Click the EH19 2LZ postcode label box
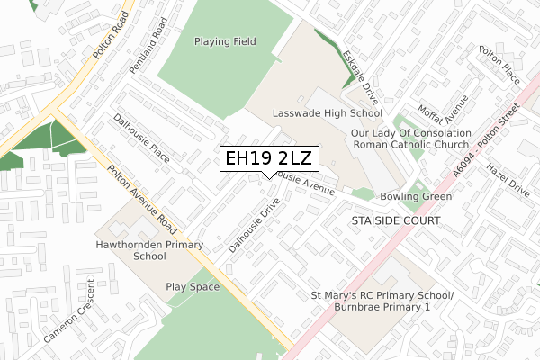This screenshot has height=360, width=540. point(268,158)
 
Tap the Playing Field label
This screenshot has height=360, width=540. point(225,41)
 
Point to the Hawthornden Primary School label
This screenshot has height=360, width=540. point(131,250)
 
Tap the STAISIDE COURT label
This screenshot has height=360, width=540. point(395,220)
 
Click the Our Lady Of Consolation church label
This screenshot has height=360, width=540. point(410,138)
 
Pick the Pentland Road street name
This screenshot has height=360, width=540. point(159,51)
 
